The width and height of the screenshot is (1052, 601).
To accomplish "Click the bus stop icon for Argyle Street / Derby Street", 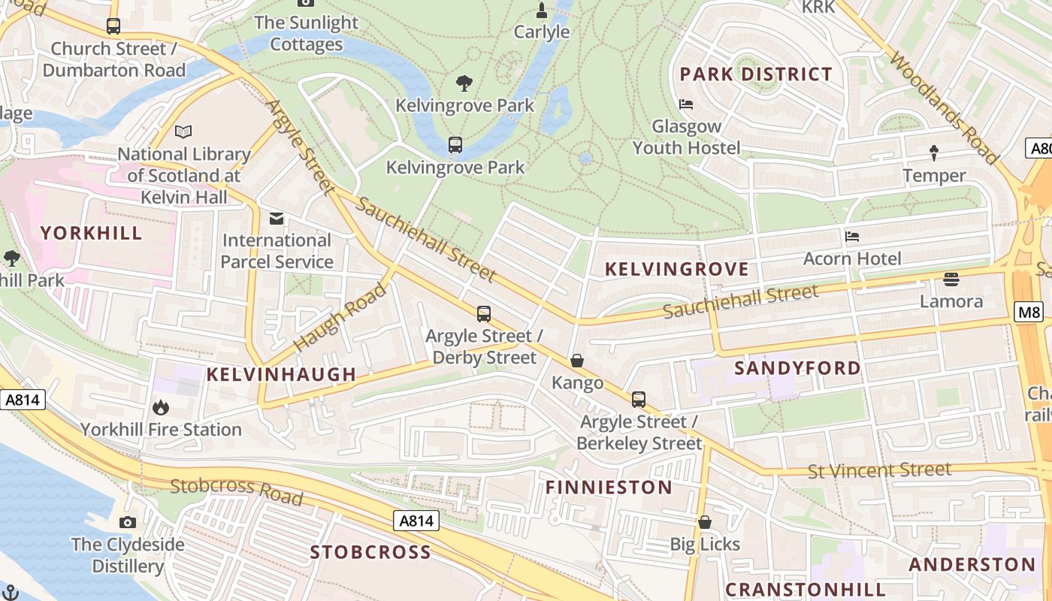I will [x=484, y=314].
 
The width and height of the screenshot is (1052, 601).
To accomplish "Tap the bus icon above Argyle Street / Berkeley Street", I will [x=639, y=400].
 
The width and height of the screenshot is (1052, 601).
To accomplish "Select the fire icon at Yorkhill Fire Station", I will [x=160, y=408].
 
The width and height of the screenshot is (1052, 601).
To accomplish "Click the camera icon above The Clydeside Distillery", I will [x=128, y=522].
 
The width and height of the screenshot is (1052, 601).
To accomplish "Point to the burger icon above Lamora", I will [x=951, y=279].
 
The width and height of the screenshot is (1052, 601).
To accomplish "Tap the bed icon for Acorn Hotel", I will [x=852, y=237].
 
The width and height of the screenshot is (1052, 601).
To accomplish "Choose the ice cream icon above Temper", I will [x=934, y=153].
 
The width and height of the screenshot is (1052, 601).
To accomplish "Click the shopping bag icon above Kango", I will [x=577, y=361].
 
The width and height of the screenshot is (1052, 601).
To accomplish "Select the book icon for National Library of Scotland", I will [x=183, y=132].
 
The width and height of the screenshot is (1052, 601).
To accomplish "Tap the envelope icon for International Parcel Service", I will [x=277, y=219].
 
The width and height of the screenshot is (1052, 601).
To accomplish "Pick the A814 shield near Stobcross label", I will [x=416, y=521].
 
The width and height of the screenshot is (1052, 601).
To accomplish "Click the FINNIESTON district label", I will [x=609, y=488].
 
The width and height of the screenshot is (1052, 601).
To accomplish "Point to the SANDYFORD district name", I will [x=797, y=368].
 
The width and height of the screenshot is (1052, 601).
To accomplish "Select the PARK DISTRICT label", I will [x=756, y=74].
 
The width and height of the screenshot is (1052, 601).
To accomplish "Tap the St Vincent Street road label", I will [x=879, y=471].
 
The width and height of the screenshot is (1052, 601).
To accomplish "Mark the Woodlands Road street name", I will [x=944, y=107].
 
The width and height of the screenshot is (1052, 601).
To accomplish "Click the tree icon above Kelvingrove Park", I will [x=464, y=83].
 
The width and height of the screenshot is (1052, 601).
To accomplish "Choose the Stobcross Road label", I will [x=236, y=491].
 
